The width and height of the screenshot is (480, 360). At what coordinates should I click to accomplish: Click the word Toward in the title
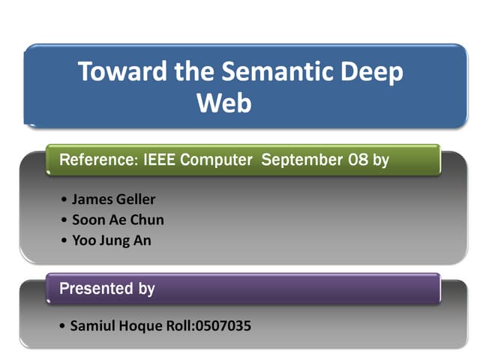click(122, 71)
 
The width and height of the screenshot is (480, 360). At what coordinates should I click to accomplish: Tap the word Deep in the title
click(372, 73)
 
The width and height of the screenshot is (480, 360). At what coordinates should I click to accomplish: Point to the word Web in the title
click(224, 103)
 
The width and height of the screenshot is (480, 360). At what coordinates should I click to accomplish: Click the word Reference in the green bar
click(99, 160)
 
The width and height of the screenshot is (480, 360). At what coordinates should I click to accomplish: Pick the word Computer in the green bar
click(216, 160)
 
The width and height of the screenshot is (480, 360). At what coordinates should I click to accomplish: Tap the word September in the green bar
click(301, 160)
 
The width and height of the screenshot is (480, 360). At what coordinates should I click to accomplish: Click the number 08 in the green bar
click(358, 160)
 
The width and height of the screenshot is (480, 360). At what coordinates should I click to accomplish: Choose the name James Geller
click(113, 199)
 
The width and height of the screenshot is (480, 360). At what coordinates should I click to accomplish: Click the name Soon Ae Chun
click(118, 220)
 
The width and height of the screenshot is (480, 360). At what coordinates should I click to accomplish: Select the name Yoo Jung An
click(112, 241)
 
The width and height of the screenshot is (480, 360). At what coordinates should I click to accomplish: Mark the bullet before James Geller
click(64, 199)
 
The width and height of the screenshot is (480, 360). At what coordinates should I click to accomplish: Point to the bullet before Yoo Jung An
click(64, 240)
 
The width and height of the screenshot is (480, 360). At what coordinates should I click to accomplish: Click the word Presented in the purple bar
click(96, 288)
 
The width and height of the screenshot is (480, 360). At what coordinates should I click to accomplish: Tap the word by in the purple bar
click(147, 289)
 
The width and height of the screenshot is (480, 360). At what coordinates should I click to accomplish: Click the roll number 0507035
click(223, 325)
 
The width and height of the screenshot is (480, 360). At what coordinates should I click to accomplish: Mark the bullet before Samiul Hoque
click(62, 325)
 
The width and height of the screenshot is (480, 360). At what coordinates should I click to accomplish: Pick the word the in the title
click(194, 71)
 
